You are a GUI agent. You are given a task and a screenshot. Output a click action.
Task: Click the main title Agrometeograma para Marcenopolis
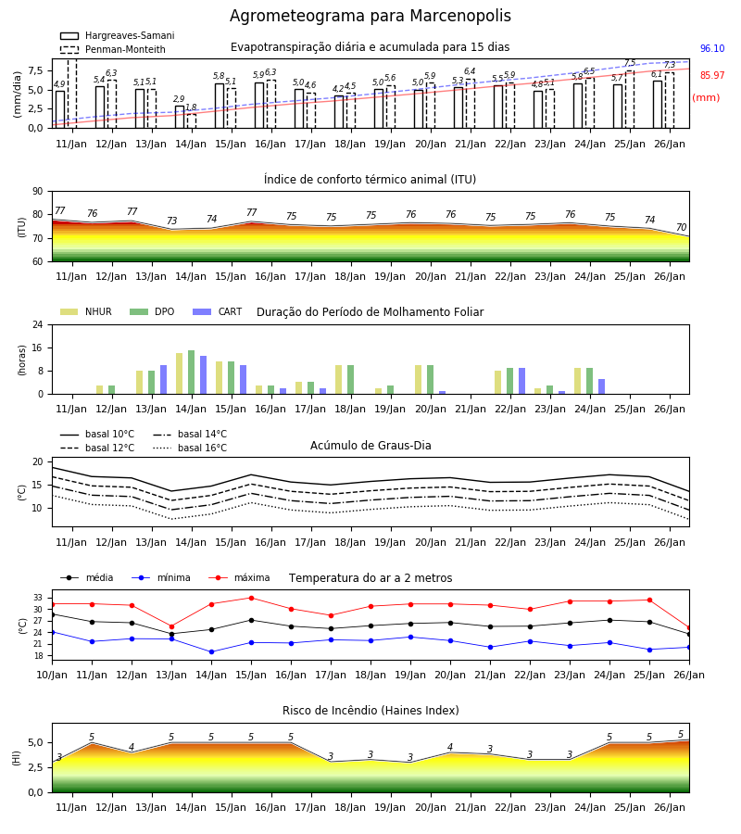[x=370, y=16]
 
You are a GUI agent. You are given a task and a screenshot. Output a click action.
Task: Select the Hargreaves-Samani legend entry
[x=118, y=35]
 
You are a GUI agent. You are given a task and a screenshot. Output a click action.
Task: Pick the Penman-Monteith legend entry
[x=113, y=49]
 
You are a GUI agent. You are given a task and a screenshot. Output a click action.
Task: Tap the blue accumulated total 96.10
[x=712, y=48]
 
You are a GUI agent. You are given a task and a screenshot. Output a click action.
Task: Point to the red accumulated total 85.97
[x=712, y=76]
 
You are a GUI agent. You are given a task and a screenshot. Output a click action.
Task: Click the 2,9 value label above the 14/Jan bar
[x=179, y=99]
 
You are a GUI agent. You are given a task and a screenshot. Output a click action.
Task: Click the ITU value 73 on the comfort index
[x=171, y=221]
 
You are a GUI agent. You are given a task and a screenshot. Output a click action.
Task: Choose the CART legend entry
[x=218, y=311]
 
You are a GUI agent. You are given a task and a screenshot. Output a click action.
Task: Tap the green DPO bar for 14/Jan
[x=192, y=373]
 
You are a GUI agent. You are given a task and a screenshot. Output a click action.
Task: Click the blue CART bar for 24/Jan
[x=602, y=386]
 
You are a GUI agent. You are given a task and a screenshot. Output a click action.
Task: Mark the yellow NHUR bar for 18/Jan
[x=339, y=380]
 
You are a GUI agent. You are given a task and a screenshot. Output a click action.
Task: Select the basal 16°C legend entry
[x=190, y=448]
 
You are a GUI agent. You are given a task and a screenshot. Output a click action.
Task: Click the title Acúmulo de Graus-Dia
[x=370, y=446]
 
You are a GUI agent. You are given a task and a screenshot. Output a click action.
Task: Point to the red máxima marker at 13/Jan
[x=171, y=626]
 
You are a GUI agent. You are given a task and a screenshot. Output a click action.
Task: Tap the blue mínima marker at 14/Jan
[x=211, y=651]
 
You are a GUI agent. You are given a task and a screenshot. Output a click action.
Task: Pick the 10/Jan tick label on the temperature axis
[x=52, y=675]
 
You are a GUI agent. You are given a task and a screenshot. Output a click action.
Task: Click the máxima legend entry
[x=239, y=577]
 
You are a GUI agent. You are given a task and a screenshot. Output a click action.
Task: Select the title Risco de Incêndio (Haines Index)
[x=370, y=711]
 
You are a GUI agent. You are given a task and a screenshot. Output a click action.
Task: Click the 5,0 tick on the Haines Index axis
[x=36, y=743]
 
